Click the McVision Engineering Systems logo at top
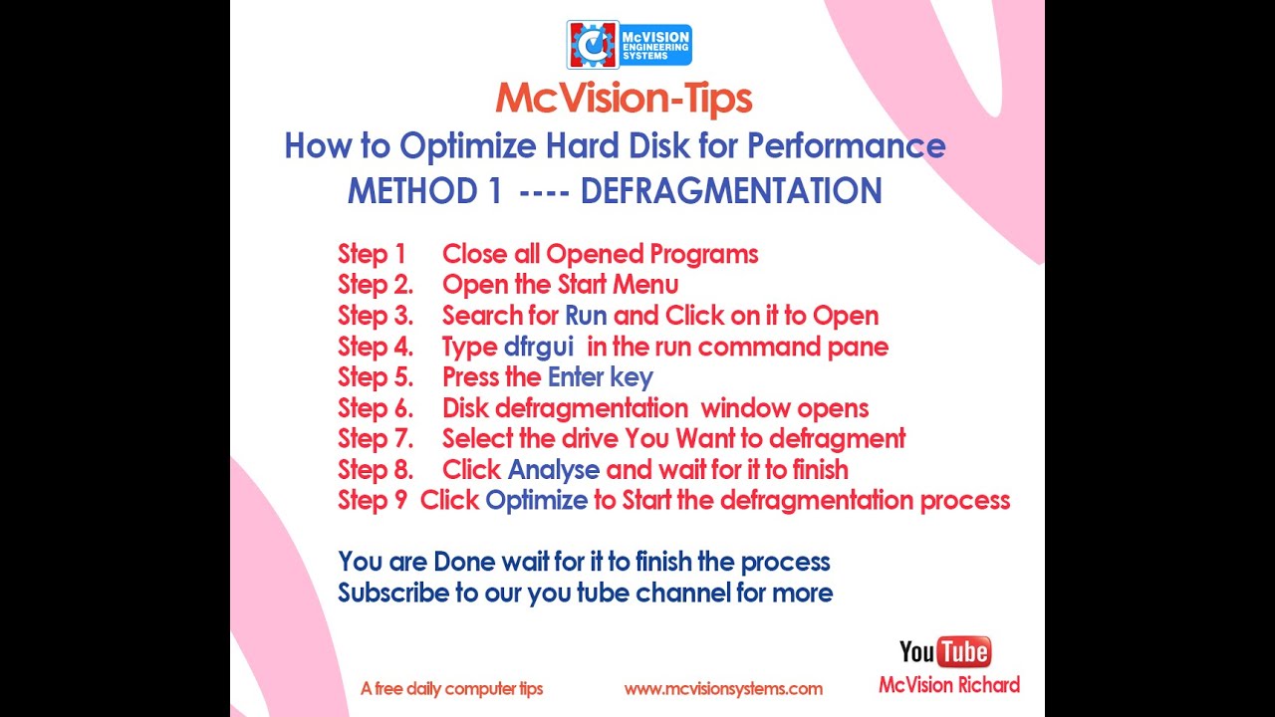[x=629, y=45]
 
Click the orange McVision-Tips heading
[x=624, y=99]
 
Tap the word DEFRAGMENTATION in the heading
[x=731, y=190]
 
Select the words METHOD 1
[x=424, y=190]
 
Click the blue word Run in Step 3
[x=586, y=316]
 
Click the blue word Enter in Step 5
[x=577, y=377]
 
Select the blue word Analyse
[x=554, y=469]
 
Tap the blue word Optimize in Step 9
[x=536, y=500]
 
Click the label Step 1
[x=372, y=254]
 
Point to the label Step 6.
[x=375, y=408]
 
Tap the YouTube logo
[x=944, y=652]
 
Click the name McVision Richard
[x=949, y=685]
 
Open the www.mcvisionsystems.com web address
[x=723, y=688]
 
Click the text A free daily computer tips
[x=452, y=688]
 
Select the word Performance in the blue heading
[x=846, y=146]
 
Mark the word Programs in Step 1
[x=703, y=254]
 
